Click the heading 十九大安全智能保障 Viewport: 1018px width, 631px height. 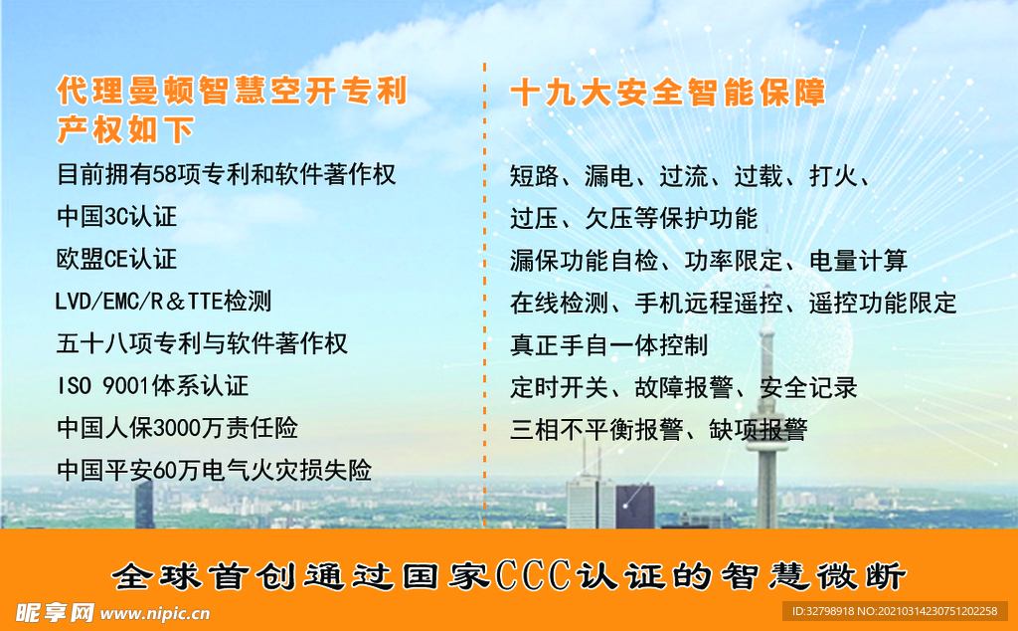[x=667, y=94]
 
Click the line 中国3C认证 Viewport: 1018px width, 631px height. [x=116, y=216]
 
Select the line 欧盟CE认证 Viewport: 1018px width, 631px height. [x=116, y=259]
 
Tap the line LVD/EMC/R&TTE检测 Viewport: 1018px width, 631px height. [x=163, y=301]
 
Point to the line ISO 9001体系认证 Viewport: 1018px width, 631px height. [x=152, y=385]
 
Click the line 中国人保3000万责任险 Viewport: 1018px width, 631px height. [x=177, y=428]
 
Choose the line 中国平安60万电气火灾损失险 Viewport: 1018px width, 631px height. [x=214, y=470]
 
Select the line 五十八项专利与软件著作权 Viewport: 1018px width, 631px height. [x=202, y=343]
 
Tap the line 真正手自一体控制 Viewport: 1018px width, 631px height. [x=608, y=345]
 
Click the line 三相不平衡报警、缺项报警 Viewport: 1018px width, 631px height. [x=658, y=430]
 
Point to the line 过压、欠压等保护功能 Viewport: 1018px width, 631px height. [x=633, y=218]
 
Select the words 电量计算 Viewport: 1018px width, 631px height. [x=858, y=261]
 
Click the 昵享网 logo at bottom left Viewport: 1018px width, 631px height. [x=48, y=611]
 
